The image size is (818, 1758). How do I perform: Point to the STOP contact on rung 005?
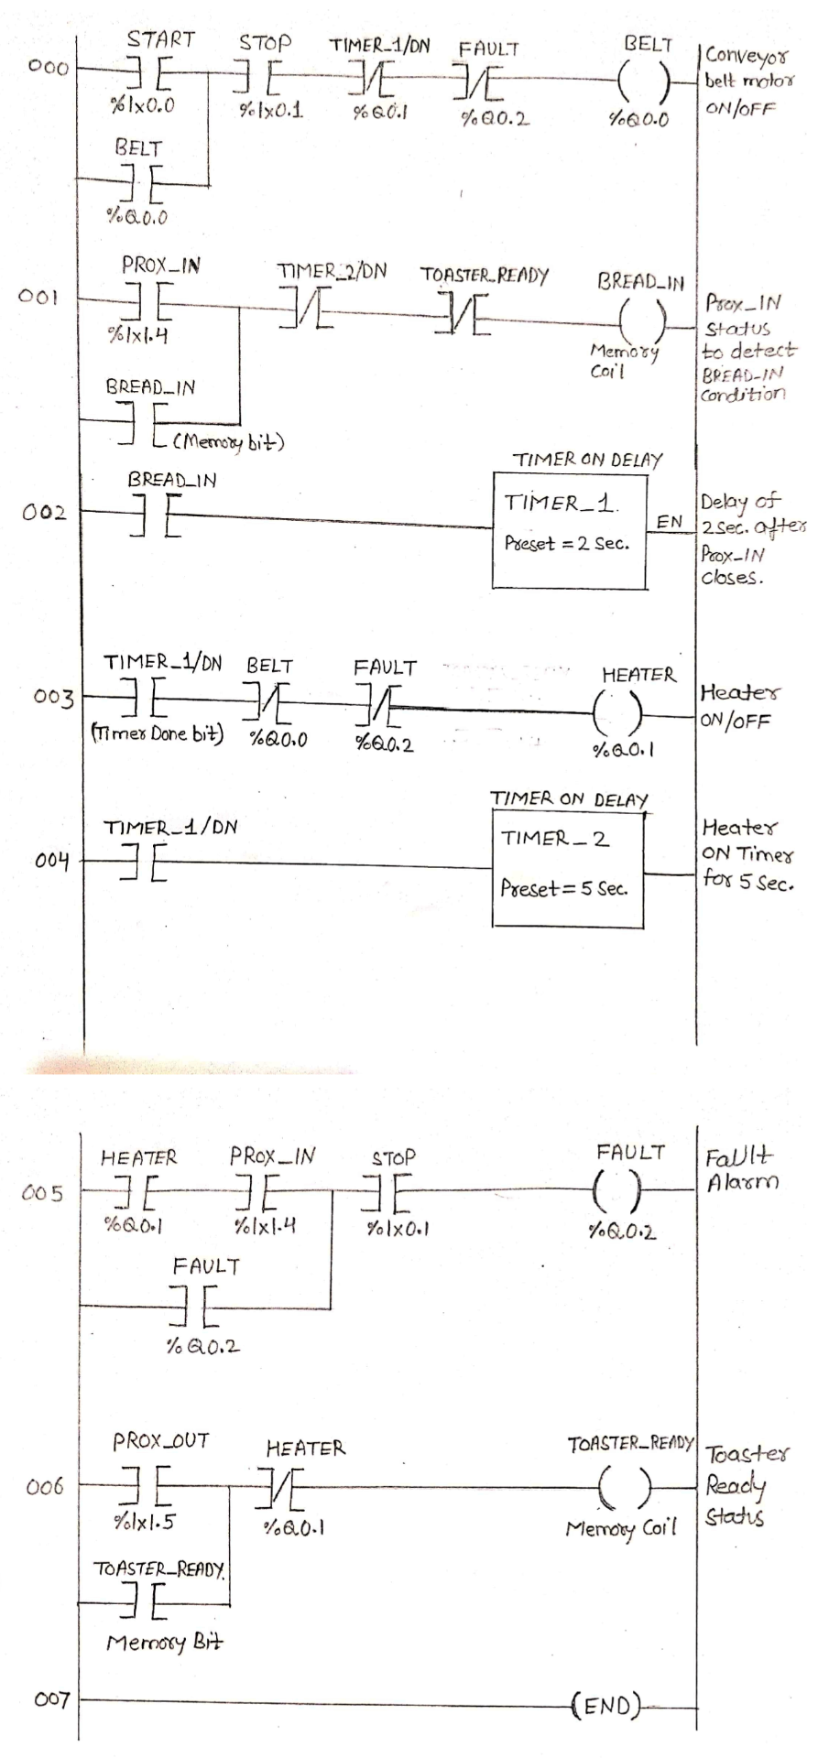tap(390, 1192)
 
